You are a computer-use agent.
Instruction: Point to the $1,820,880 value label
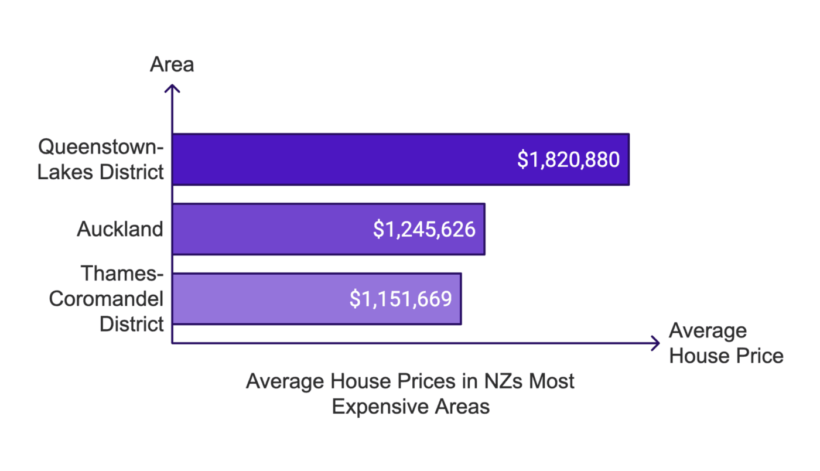pos(568,159)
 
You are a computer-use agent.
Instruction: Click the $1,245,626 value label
pos(424,229)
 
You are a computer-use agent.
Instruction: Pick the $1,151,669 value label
pos(401,299)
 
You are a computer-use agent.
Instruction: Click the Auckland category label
pos(120,229)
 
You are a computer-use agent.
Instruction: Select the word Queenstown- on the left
pos(101,146)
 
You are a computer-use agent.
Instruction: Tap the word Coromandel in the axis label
pos(106,299)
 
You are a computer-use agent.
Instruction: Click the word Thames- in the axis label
pos(122,274)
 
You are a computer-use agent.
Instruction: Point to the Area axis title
pos(172,64)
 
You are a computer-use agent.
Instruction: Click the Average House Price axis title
pos(726,343)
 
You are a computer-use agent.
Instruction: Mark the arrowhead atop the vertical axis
pos(172,88)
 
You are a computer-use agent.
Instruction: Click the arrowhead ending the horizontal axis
pos(655,343)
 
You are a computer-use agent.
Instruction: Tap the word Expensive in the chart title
pos(375,407)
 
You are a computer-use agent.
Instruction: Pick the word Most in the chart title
pos(551,381)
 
